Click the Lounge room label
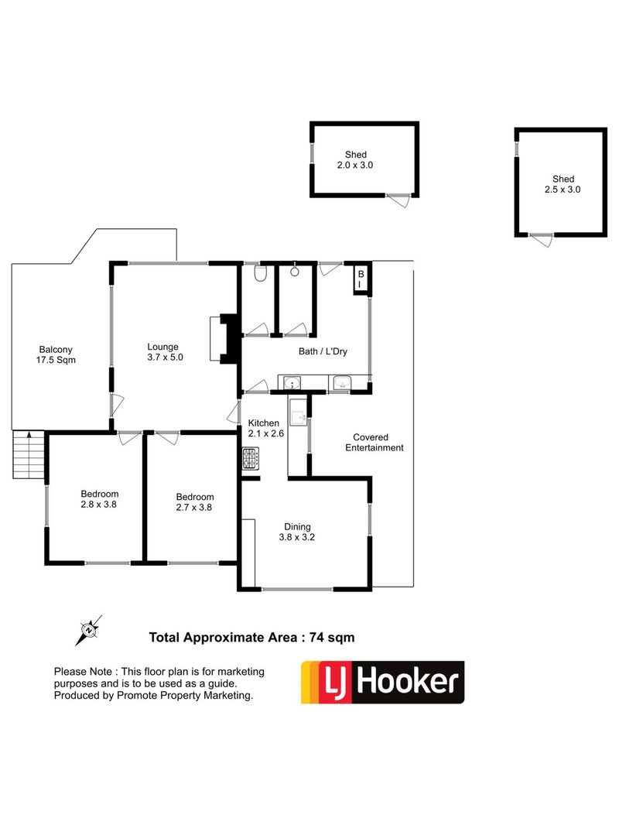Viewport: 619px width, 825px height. pos(163,351)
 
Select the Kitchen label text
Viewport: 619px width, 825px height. pos(263,428)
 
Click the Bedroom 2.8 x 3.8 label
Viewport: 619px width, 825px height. pos(100,500)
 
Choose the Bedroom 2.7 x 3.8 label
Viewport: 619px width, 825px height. pos(194,502)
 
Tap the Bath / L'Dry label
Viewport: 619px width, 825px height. pos(323,351)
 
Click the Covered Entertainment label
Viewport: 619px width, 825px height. pos(374,442)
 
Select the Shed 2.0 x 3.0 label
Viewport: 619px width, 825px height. pos(351,159)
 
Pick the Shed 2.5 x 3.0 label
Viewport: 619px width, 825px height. pos(563,183)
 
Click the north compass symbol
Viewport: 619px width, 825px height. pos(90,630)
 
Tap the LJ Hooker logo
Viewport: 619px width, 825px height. pos(382,682)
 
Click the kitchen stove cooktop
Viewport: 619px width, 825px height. pos(250,460)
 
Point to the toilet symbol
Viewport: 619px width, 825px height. pos(261,274)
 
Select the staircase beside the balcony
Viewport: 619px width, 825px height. pos(28,456)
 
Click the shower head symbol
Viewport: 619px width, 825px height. pos(295,272)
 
